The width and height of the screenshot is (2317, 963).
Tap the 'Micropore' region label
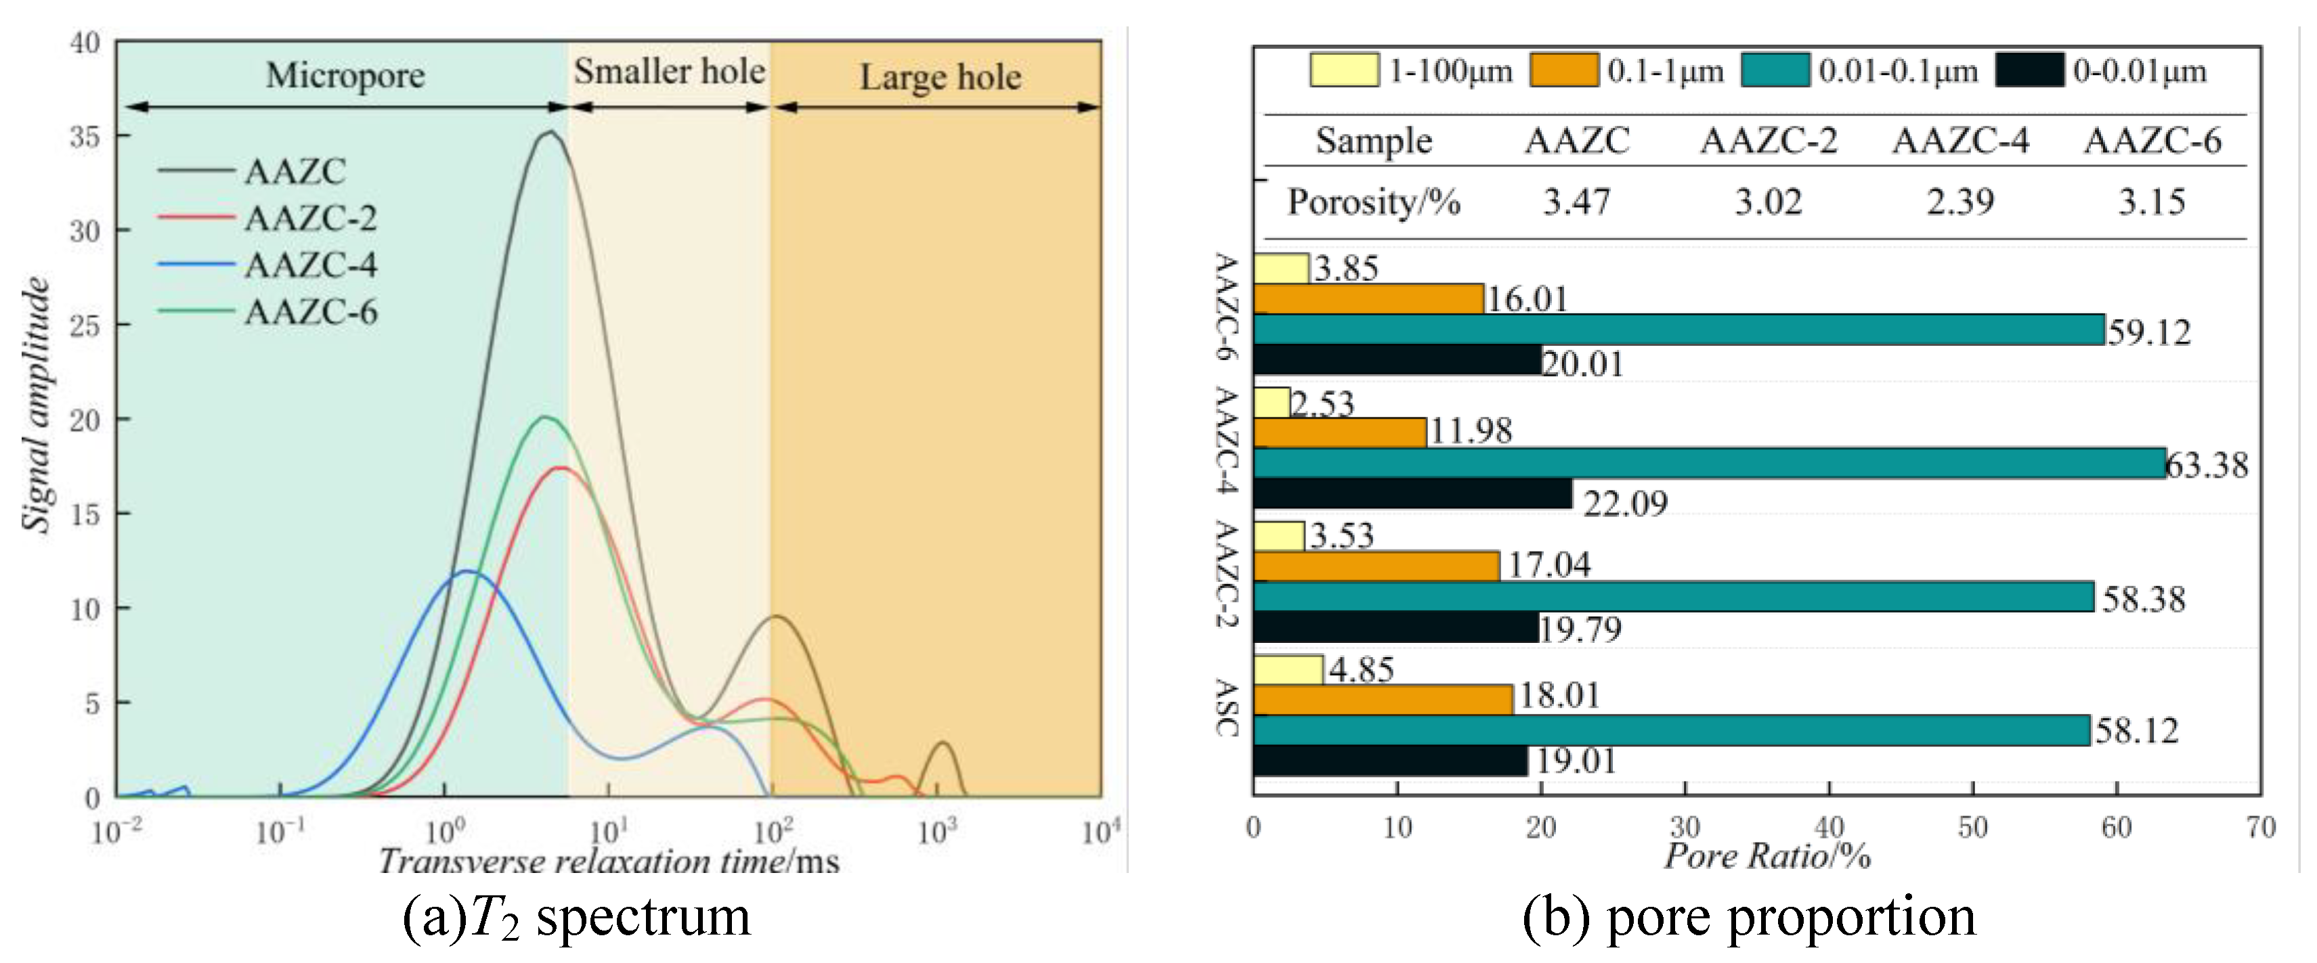pos(345,76)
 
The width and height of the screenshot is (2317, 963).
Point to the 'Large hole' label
pos(940,77)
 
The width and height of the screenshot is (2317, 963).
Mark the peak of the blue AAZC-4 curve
pos(467,571)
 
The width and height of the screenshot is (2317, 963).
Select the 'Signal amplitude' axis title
pos(36,405)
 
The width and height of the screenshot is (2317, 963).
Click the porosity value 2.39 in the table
pos(1960,202)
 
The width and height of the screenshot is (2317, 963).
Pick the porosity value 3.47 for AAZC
pos(1577,202)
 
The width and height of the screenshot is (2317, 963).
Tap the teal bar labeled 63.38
pos(1709,463)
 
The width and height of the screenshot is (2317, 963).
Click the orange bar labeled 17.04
pos(1375,566)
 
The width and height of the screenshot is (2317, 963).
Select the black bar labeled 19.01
pos(1389,761)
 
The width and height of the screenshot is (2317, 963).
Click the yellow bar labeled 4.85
pos(1287,670)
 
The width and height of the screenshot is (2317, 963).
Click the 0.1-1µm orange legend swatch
pos(1563,70)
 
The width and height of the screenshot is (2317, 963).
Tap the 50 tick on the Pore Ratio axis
pos(1972,827)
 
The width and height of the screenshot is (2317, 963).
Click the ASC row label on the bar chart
pos(1227,708)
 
